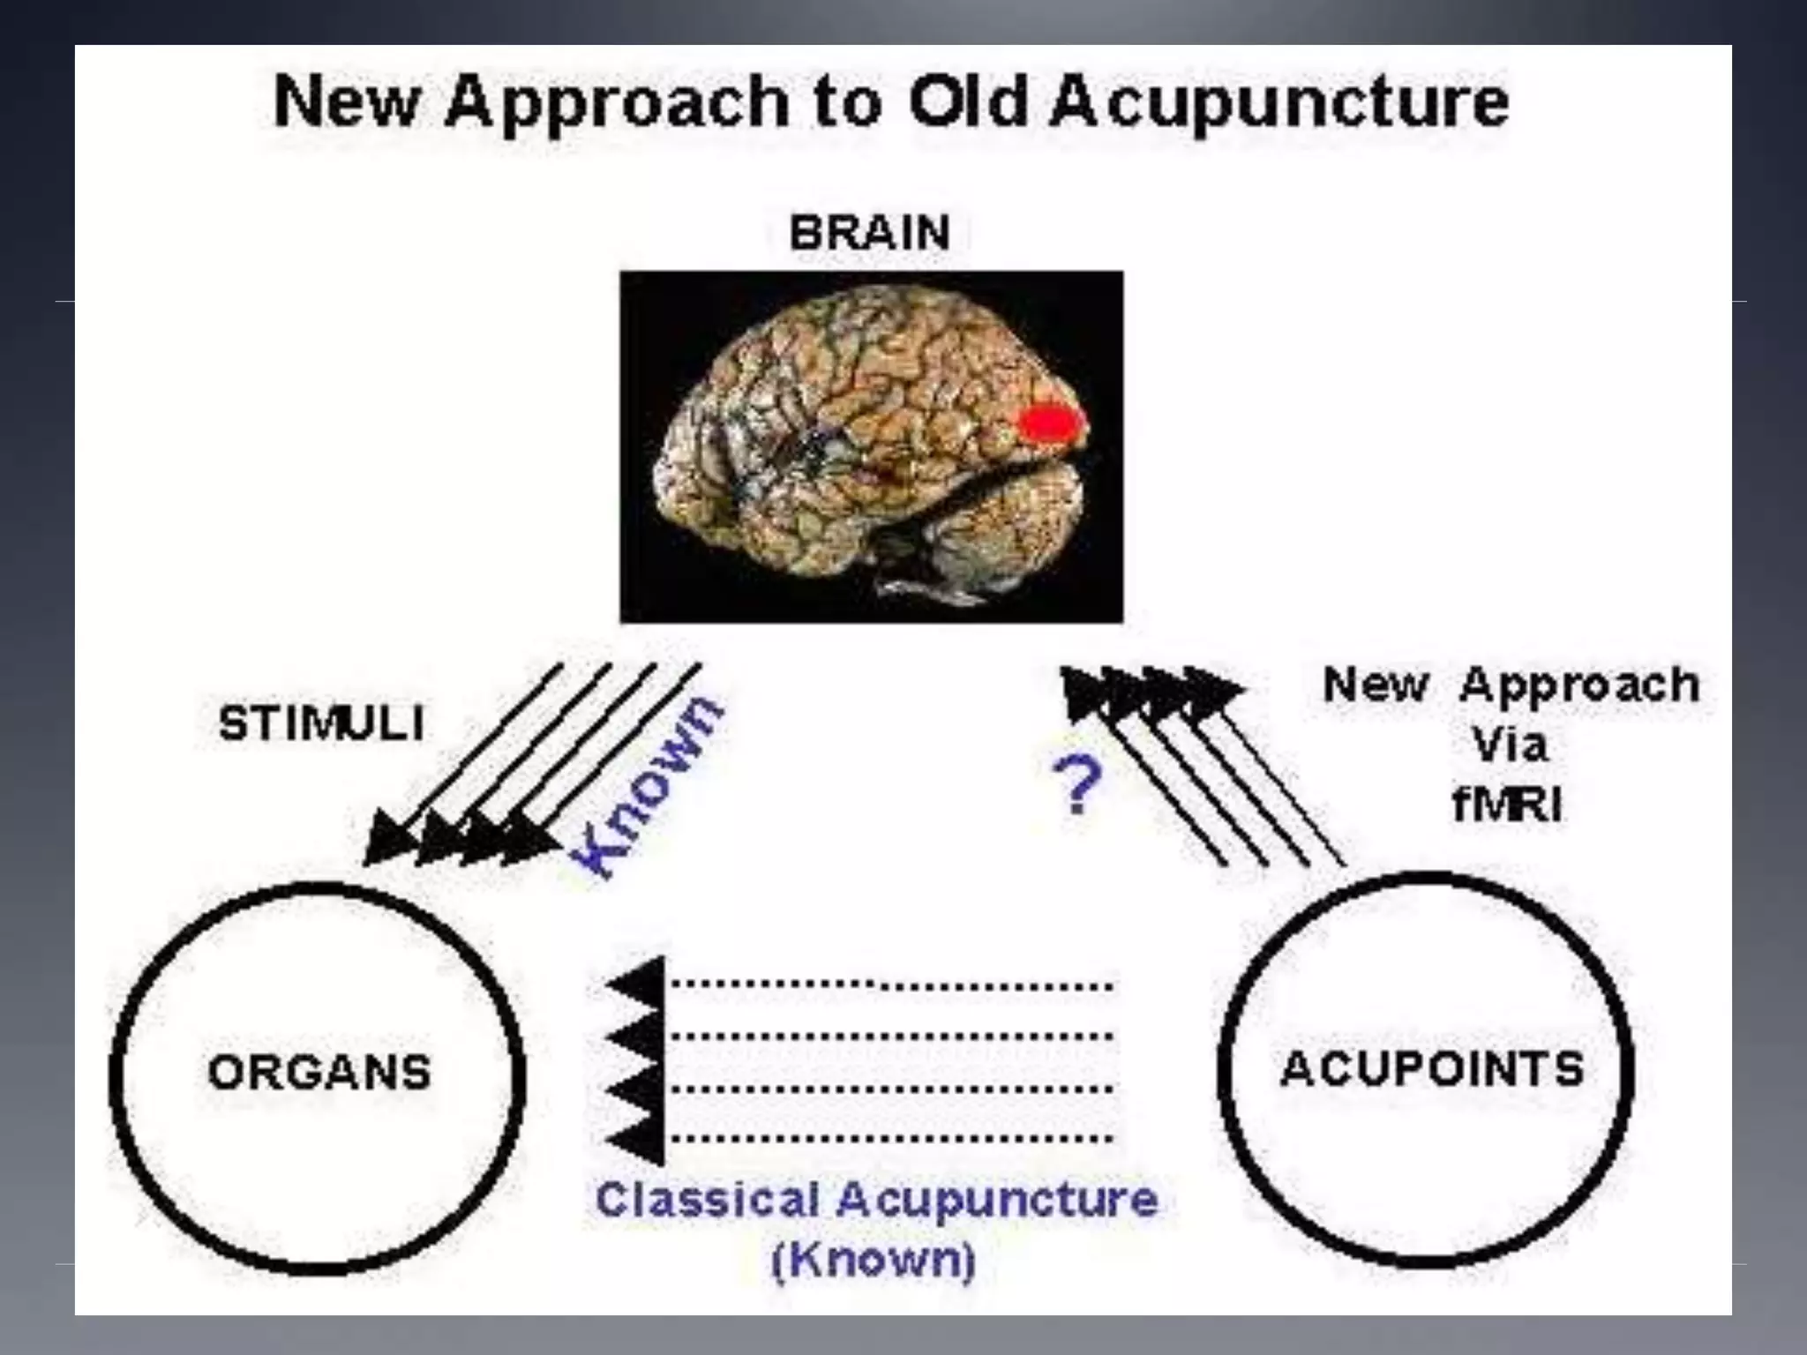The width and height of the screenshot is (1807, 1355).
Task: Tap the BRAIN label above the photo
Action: click(x=869, y=234)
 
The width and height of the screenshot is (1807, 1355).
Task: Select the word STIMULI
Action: click(x=321, y=724)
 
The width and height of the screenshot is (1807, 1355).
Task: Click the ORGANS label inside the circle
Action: click(x=319, y=1073)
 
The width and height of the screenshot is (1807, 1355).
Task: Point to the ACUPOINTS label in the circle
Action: click(x=1431, y=1069)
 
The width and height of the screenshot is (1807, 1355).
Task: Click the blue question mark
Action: click(x=1077, y=784)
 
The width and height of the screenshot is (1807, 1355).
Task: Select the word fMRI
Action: click(x=1507, y=805)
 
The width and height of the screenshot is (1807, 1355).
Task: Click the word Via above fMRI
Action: click(x=1510, y=745)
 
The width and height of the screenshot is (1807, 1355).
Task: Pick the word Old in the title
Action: click(x=968, y=102)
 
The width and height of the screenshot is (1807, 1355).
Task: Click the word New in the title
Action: click(x=345, y=102)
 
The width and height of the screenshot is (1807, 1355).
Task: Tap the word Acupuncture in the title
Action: click(x=1279, y=104)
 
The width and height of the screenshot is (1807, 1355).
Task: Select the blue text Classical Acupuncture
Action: click(x=876, y=1200)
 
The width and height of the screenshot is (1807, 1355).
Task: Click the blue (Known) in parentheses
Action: click(x=874, y=1259)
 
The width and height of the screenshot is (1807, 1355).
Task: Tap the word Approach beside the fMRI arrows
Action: click(x=1579, y=686)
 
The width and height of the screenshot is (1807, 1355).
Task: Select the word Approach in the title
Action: click(x=617, y=104)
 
